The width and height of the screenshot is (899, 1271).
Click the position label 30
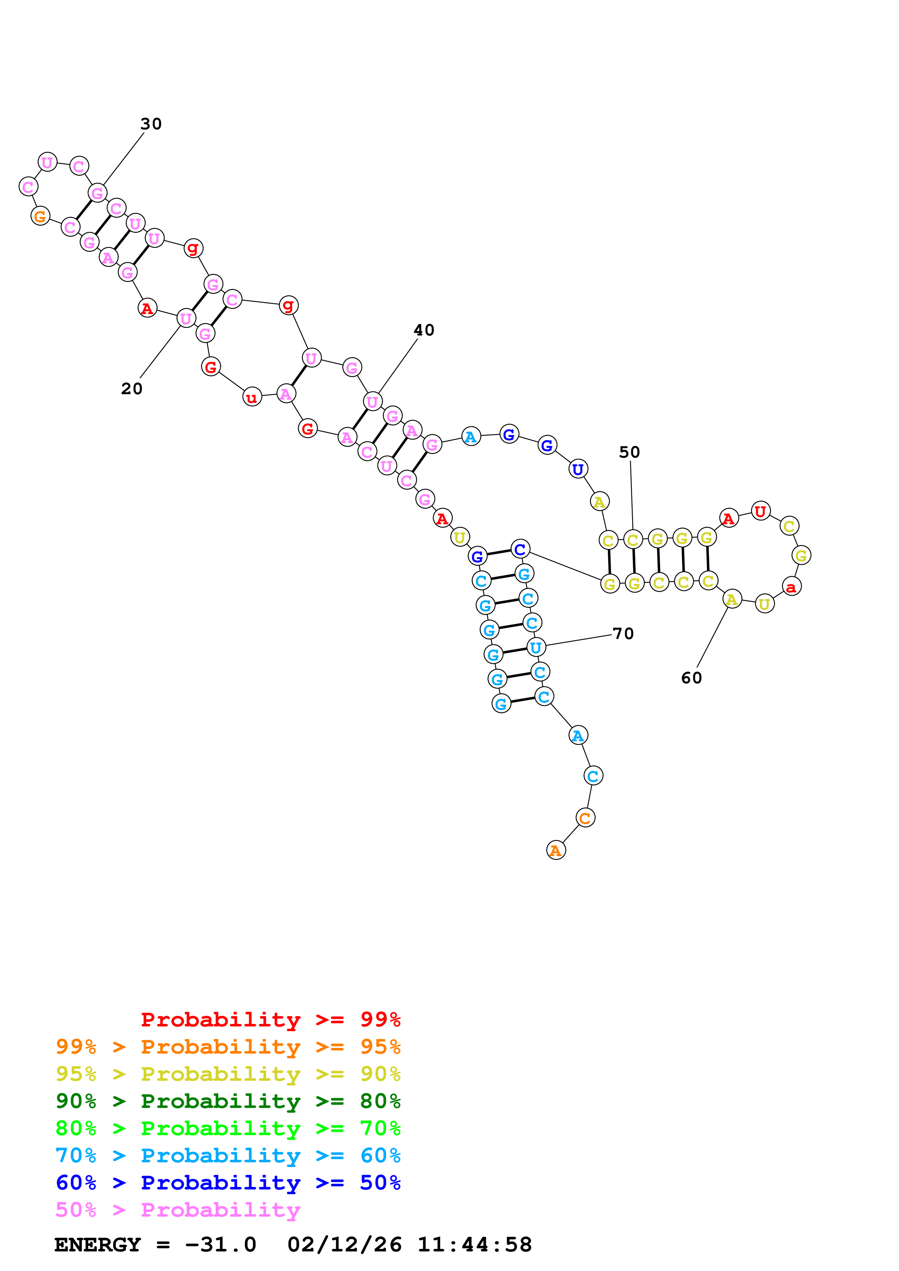[x=150, y=124]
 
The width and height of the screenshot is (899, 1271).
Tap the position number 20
[x=132, y=389]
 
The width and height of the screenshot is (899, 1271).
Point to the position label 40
[x=424, y=330]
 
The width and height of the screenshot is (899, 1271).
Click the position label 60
[x=691, y=678]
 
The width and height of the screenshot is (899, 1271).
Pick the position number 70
[x=623, y=634]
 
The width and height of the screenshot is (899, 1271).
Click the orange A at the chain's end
[x=556, y=851]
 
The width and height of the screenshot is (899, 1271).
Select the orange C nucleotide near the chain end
[x=585, y=818]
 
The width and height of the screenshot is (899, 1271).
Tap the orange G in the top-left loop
[x=40, y=216]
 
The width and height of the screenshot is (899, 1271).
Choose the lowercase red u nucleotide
[x=252, y=397]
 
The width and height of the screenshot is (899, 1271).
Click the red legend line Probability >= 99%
[x=270, y=1020]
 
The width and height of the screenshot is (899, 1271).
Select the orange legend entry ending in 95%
[x=228, y=1047]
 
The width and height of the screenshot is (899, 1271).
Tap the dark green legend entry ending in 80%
[x=228, y=1101]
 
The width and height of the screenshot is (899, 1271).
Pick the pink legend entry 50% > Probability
[x=177, y=1210]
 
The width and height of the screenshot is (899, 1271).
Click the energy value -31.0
[x=220, y=1245]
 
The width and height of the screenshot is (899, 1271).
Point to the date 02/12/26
[x=344, y=1245]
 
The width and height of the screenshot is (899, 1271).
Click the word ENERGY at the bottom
[x=98, y=1245]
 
